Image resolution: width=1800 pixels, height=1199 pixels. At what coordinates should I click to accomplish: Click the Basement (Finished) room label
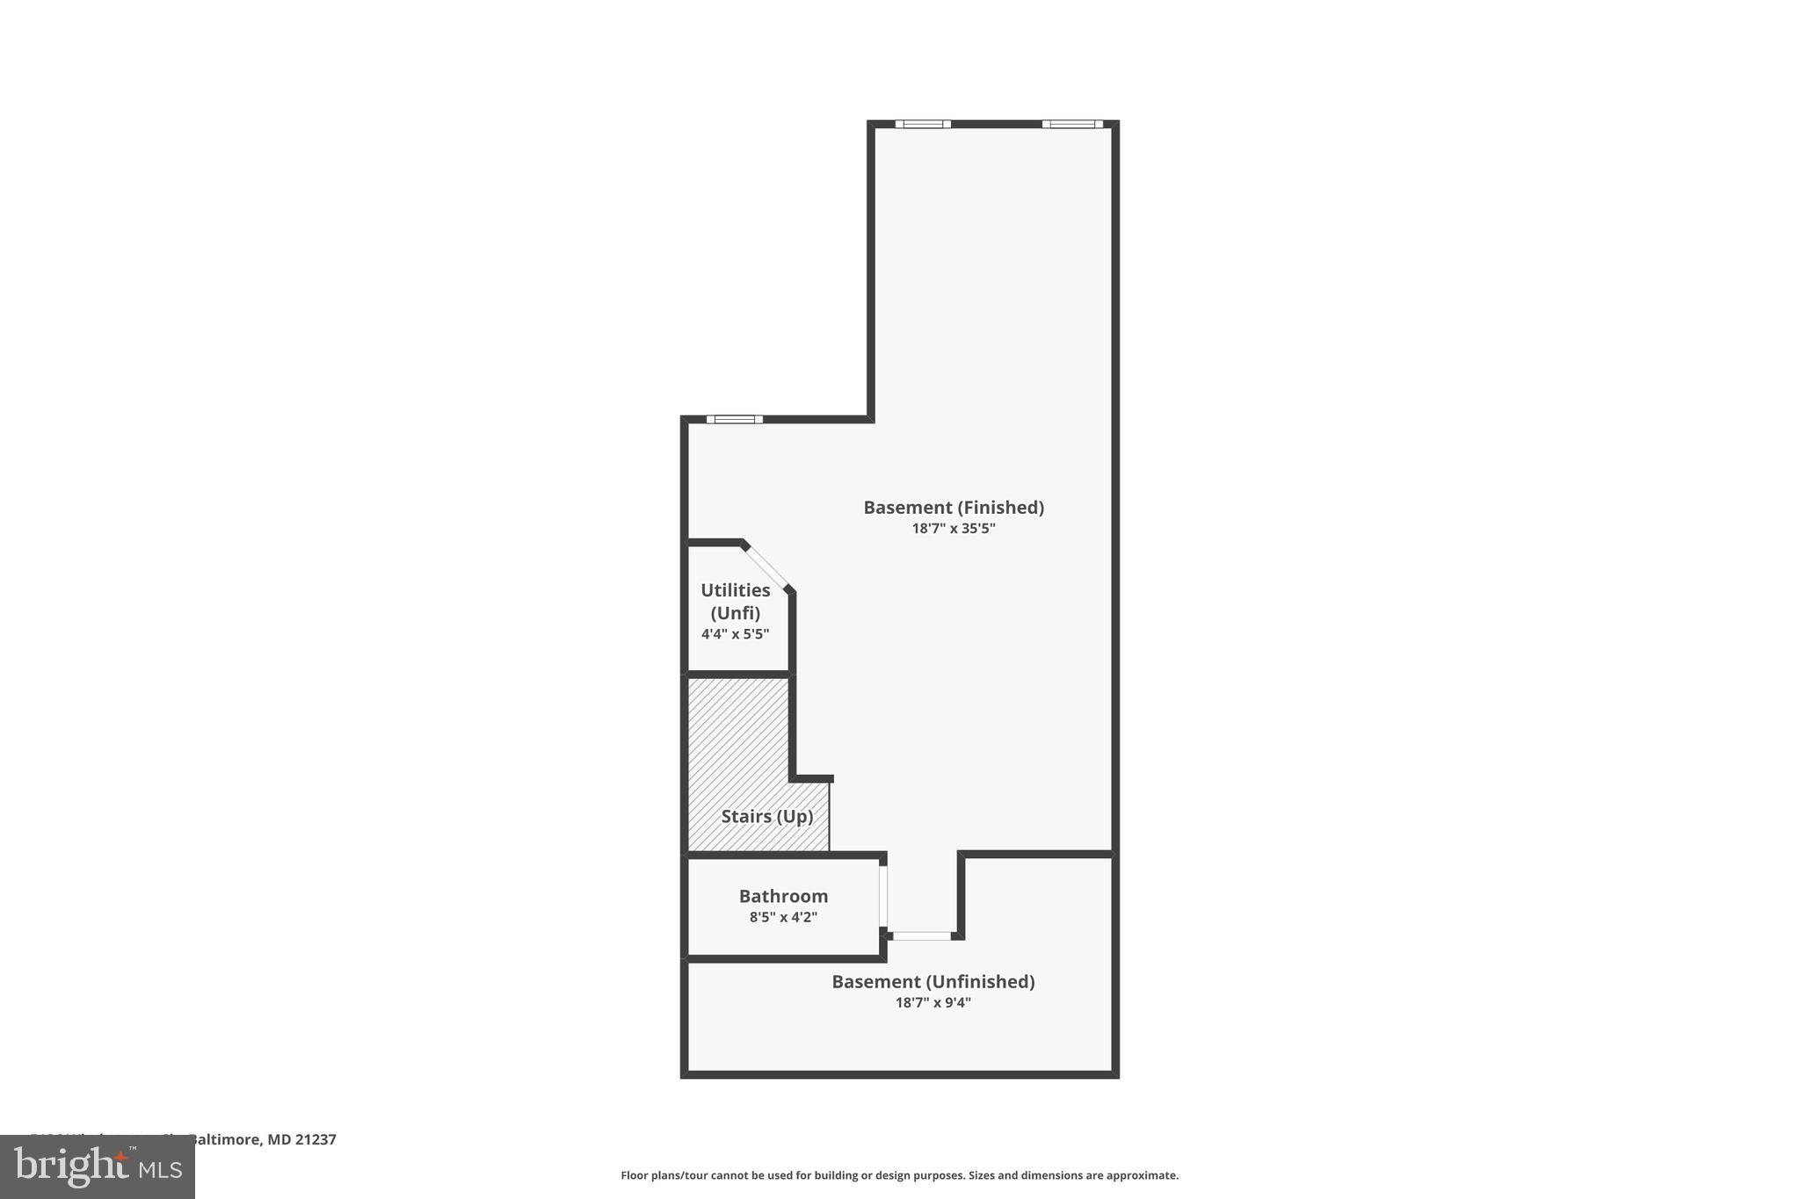click(954, 508)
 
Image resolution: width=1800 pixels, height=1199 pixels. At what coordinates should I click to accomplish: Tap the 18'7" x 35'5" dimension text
click(954, 529)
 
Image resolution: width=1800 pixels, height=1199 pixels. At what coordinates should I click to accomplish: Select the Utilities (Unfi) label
click(736, 602)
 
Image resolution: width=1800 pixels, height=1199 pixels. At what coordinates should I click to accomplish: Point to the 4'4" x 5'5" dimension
click(736, 634)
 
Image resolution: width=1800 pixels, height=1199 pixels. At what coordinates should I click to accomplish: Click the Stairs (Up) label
click(767, 817)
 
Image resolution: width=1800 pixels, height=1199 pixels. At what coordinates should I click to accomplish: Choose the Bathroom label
click(783, 896)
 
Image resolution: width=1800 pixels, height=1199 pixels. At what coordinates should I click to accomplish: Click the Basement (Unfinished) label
click(933, 982)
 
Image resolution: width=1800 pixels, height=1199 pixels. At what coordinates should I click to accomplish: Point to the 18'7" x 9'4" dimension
click(933, 1003)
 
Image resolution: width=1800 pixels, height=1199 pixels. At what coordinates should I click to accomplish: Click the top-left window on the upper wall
click(923, 125)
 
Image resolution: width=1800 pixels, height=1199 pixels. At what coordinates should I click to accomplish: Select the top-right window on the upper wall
click(1072, 125)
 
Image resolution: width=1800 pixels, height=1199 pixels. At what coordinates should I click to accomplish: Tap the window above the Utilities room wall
click(735, 420)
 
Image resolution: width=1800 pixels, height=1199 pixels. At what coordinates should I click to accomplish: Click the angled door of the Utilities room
click(767, 567)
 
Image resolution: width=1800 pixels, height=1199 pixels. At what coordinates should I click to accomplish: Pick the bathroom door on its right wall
click(883, 896)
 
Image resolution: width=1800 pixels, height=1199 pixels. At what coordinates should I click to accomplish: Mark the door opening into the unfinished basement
click(922, 936)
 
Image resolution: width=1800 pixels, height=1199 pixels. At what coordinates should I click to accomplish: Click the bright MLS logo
click(98, 1166)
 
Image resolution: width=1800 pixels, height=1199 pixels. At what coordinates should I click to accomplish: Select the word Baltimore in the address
click(226, 1140)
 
